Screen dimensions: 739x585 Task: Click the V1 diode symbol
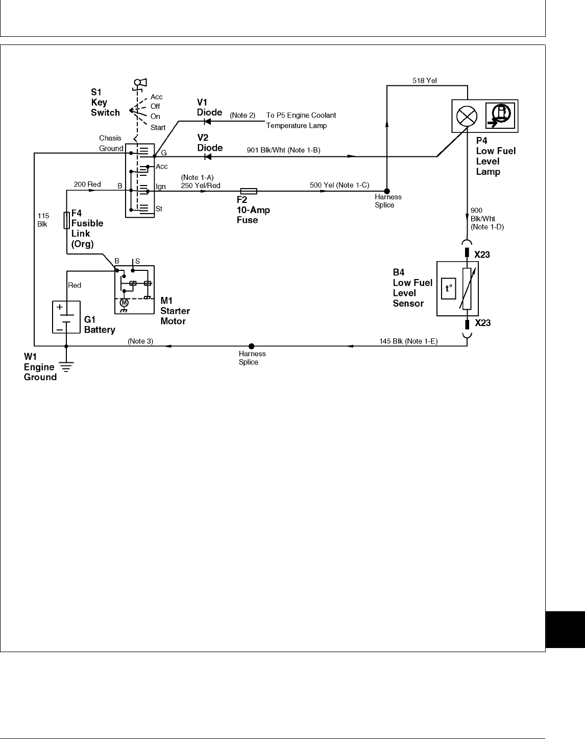point(207,122)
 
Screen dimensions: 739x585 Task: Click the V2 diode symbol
point(207,156)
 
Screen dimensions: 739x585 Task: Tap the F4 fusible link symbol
point(66,220)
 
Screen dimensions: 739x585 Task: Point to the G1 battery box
point(66,317)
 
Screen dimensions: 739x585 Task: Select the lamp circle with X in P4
point(466,116)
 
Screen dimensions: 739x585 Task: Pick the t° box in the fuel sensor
point(449,288)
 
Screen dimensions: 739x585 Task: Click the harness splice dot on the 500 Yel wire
point(387,191)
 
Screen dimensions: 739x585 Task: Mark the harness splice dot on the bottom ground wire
point(251,346)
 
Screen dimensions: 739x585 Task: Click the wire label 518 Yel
point(424,81)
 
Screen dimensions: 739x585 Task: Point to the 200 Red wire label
point(87,184)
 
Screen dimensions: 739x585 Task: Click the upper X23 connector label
point(482,255)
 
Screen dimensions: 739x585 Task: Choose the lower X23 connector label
point(483,323)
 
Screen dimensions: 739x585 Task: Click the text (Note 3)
point(140,341)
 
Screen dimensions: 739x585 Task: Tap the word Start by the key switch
point(158,127)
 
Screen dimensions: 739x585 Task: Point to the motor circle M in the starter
point(123,303)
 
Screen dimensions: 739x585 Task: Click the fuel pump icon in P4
point(501,116)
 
